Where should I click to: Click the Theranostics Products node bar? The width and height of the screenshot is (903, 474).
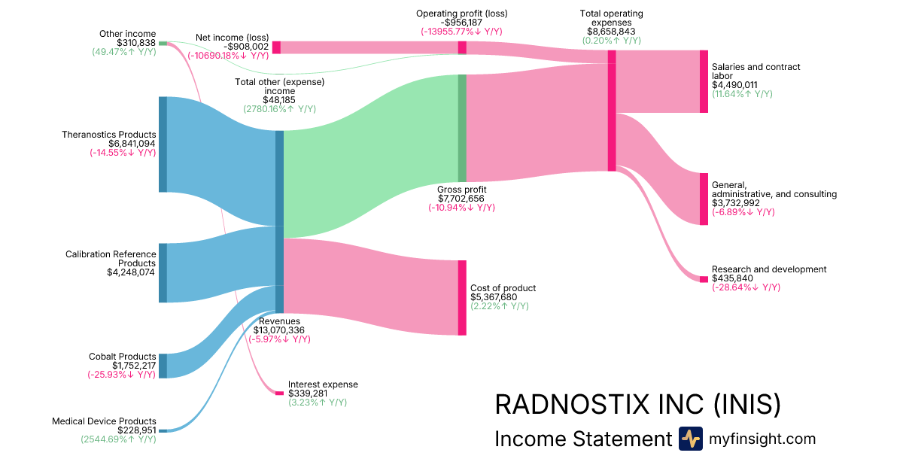pos(163,144)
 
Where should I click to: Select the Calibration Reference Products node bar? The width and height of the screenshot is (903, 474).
pos(163,272)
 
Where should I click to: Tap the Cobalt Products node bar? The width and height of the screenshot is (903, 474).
pos(163,366)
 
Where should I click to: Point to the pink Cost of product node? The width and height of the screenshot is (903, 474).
pos(462,297)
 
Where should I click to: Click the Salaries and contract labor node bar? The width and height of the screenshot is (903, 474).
pos(704,81)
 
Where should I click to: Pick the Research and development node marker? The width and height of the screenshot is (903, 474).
pos(704,279)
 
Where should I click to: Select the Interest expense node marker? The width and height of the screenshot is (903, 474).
pos(279,393)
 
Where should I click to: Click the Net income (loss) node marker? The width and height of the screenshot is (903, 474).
pos(276,47)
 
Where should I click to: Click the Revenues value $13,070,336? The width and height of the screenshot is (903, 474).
pos(278,330)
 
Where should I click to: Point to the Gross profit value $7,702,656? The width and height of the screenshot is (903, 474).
pos(461,199)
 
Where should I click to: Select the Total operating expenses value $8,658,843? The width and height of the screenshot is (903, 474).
pos(611,32)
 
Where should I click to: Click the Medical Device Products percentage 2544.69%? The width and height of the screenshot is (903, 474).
pos(118,439)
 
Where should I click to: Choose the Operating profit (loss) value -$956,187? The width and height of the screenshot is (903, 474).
pos(461,23)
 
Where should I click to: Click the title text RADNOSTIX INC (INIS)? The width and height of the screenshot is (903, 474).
pos(637,405)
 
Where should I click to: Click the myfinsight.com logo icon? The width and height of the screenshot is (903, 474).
pos(690,439)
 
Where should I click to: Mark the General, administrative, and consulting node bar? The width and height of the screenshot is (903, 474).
pos(704,199)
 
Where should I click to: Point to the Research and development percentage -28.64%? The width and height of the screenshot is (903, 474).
pos(746,287)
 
